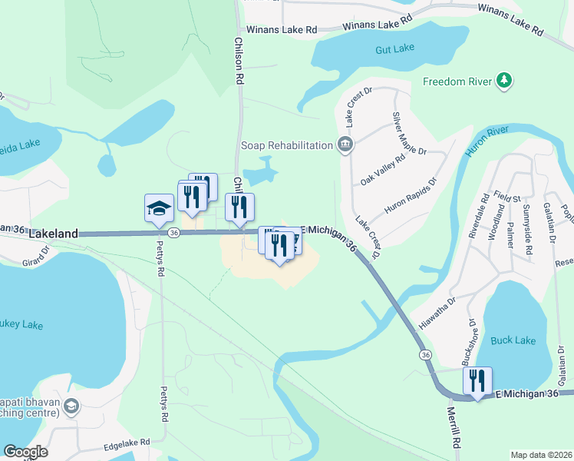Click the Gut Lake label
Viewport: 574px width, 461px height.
click(x=395, y=48)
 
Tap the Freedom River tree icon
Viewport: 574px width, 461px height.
click(x=504, y=81)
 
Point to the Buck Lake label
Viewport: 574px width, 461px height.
click(x=513, y=340)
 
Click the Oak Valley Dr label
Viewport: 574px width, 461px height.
click(x=382, y=171)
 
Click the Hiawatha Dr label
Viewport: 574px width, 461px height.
click(x=434, y=313)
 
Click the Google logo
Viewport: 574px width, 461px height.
click(x=25, y=452)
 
